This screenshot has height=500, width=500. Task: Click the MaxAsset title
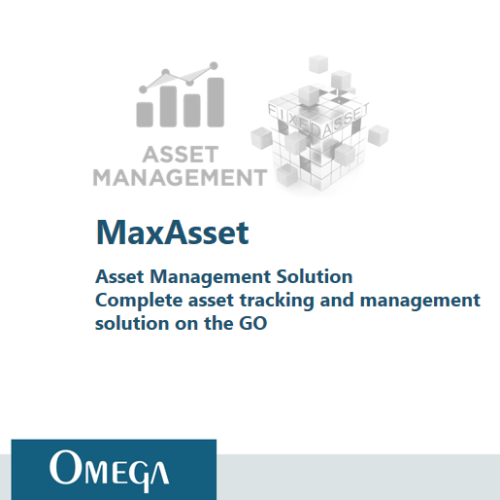tap(172, 232)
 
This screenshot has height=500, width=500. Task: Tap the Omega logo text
tap(109, 469)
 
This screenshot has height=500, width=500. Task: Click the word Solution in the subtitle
tap(314, 277)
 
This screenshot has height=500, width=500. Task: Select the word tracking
tap(277, 301)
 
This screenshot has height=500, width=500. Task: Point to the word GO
tap(253, 323)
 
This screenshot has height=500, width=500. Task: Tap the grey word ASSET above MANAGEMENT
tap(180, 155)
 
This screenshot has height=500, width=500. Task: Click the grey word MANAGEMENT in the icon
tap(180, 177)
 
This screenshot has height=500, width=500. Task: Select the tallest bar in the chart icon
tap(215, 102)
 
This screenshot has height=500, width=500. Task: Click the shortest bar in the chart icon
tap(145, 114)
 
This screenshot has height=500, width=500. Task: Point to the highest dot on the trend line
tap(214, 66)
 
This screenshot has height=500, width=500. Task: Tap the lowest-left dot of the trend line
tap(143, 89)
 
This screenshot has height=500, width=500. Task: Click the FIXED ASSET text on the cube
tap(318, 119)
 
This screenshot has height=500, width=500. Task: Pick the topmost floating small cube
tap(318, 64)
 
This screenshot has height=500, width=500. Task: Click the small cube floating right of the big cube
tap(378, 135)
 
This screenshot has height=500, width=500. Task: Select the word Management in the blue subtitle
tap(210, 277)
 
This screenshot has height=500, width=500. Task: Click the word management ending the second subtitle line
tap(420, 301)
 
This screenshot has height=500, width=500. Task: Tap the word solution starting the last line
tap(132, 323)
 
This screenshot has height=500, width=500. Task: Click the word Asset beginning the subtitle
tap(120, 277)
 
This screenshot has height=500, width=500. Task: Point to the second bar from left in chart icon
tap(168, 107)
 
